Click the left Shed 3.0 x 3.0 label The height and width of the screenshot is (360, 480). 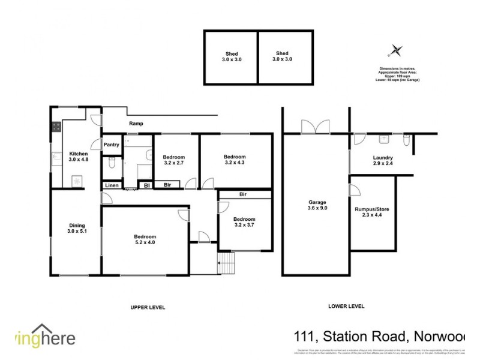[x=231, y=56]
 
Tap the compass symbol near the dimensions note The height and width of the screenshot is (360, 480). [x=395, y=50]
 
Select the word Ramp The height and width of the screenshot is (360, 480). [x=134, y=124]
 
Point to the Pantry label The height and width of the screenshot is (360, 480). [x=112, y=145]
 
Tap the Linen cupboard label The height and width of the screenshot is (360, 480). [x=112, y=185]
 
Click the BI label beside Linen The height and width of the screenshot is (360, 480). [x=146, y=185]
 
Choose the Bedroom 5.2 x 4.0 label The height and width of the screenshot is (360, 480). [x=145, y=239]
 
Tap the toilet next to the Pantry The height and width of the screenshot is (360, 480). [x=111, y=163]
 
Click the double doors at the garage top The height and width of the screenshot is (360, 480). [x=315, y=126]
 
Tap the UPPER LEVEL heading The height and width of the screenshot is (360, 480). [x=148, y=307]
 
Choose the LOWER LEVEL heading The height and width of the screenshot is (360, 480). [x=346, y=306]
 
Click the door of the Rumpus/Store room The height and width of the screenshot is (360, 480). [x=355, y=191]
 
